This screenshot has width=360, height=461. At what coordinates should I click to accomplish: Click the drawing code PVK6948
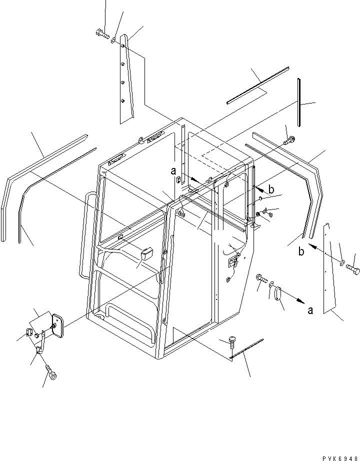pyautogui.click(x=340, y=458)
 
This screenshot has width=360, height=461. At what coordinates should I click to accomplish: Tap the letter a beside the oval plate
pyautogui.click(x=310, y=310)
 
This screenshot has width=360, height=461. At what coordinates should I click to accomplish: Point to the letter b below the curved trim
pyautogui.click(x=301, y=251)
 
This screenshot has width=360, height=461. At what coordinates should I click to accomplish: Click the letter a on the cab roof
pyautogui.click(x=173, y=171)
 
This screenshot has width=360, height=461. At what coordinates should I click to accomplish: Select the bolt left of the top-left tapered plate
pyautogui.click(x=102, y=34)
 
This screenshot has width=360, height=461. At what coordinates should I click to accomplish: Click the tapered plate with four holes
pyautogui.click(x=126, y=79)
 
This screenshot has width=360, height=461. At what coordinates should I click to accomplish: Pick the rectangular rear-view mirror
pyautogui.click(x=57, y=325)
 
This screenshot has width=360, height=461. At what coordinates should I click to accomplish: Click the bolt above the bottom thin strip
pyautogui.click(x=232, y=342)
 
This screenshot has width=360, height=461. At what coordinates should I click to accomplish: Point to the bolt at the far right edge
pyautogui.click(x=353, y=269)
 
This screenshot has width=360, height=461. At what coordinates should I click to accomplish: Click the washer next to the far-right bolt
pyautogui.click(x=342, y=263)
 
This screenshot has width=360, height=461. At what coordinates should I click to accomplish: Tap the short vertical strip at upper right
pyautogui.click(x=299, y=102)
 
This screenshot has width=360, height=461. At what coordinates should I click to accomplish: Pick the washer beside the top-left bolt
pyautogui.click(x=113, y=40)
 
